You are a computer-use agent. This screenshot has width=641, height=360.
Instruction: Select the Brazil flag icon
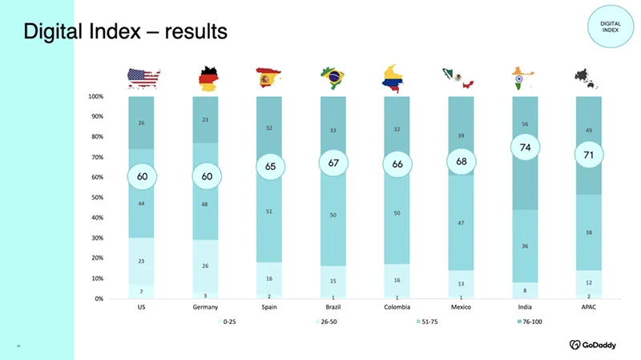click(333, 78)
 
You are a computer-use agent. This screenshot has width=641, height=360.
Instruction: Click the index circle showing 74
click(525, 148)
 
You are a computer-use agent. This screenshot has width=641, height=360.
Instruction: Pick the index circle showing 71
click(588, 155)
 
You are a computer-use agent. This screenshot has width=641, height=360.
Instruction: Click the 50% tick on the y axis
click(96, 197)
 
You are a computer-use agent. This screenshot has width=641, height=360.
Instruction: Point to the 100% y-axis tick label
click(95, 96)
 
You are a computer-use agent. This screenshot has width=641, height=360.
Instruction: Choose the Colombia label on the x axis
click(397, 308)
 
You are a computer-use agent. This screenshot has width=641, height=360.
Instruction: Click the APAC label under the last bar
click(588, 308)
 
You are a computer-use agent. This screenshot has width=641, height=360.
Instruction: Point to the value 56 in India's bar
click(525, 124)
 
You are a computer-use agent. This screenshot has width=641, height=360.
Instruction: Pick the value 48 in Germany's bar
click(206, 204)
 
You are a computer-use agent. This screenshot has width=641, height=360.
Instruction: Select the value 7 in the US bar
click(142, 291)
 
